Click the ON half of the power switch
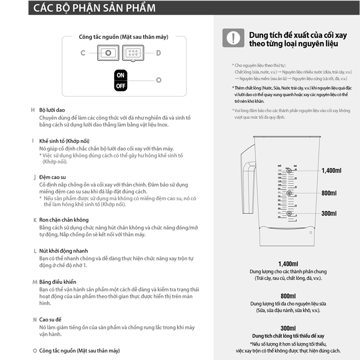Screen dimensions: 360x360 [120, 75]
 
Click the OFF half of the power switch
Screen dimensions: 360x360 [120, 85]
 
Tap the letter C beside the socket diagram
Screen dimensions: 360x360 [83, 53]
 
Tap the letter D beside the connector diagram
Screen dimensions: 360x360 [158, 53]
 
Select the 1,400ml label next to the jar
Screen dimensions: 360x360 [332, 171]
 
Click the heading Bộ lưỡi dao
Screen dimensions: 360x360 [52, 110]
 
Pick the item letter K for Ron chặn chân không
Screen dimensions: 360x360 [35, 220]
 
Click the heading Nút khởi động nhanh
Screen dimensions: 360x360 [63, 251]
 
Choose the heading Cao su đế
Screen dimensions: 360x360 [50, 319]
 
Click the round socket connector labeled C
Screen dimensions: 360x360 [108, 53]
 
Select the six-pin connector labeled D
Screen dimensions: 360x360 [133, 53]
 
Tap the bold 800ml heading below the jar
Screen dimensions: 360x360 [288, 296]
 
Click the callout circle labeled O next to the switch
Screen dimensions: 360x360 [158, 80]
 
